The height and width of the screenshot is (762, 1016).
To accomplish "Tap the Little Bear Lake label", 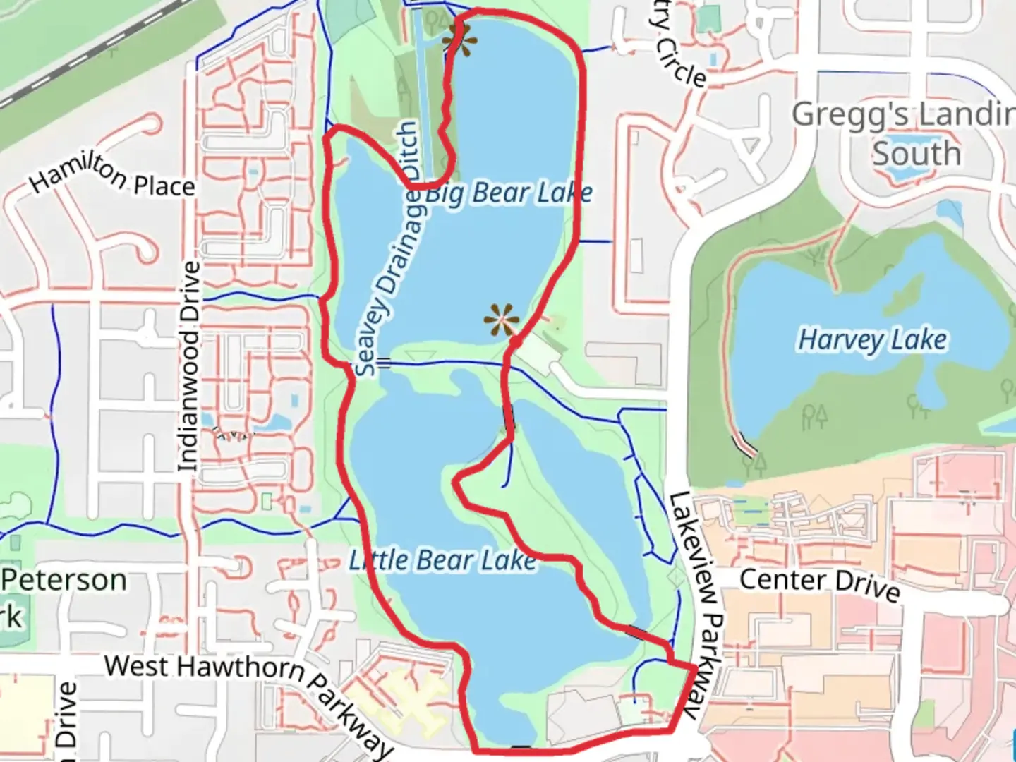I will pyautogui.click(x=442, y=561).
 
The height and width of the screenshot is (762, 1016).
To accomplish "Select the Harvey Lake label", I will pyautogui.click(x=872, y=339).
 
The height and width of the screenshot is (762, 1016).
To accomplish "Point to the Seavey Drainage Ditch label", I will pyautogui.click(x=388, y=250).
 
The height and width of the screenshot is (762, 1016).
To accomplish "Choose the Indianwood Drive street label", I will pyautogui.click(x=188, y=367).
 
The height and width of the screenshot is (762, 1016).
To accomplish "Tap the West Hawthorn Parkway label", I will pyautogui.click(x=247, y=695).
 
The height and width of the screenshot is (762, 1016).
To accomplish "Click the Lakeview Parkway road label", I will pyautogui.click(x=694, y=603).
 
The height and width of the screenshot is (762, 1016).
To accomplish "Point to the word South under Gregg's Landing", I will pyautogui.click(x=917, y=154).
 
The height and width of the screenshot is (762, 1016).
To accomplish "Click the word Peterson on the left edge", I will pyautogui.click(x=64, y=580).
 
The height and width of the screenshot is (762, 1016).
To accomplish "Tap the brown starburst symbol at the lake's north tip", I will pyautogui.click(x=459, y=41).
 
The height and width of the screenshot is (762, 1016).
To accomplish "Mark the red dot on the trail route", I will pyautogui.click(x=516, y=342).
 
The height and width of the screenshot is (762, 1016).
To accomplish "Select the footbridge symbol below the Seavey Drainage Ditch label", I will pyautogui.click(x=384, y=363).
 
